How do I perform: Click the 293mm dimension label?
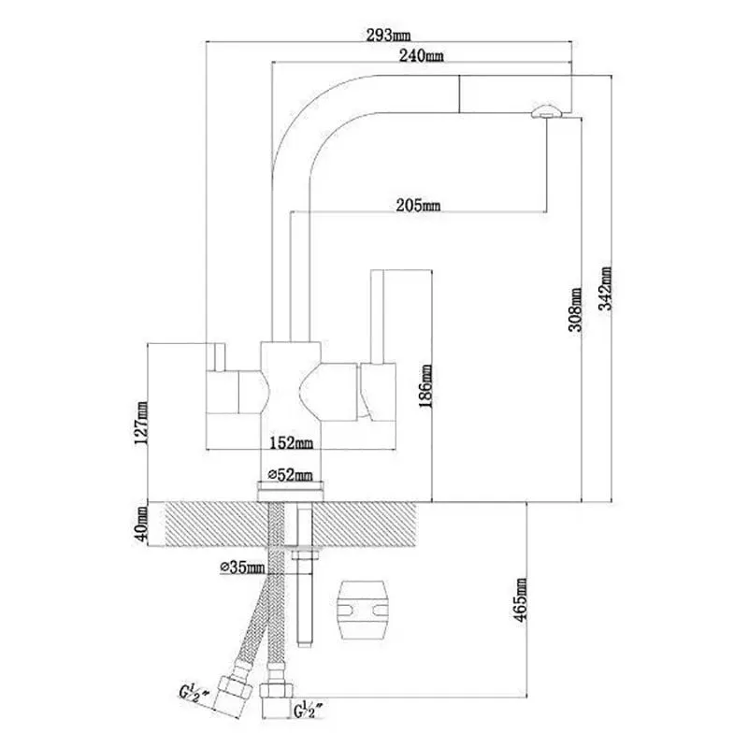388,36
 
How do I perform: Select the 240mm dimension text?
422,56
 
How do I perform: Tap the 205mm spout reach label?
418,206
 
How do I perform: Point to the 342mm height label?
605,289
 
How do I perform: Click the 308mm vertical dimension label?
576,309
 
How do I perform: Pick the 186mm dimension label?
425,386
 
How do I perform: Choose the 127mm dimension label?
142,424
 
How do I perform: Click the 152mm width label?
291,443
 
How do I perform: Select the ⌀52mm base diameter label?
290,475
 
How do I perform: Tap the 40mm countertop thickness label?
142,524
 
